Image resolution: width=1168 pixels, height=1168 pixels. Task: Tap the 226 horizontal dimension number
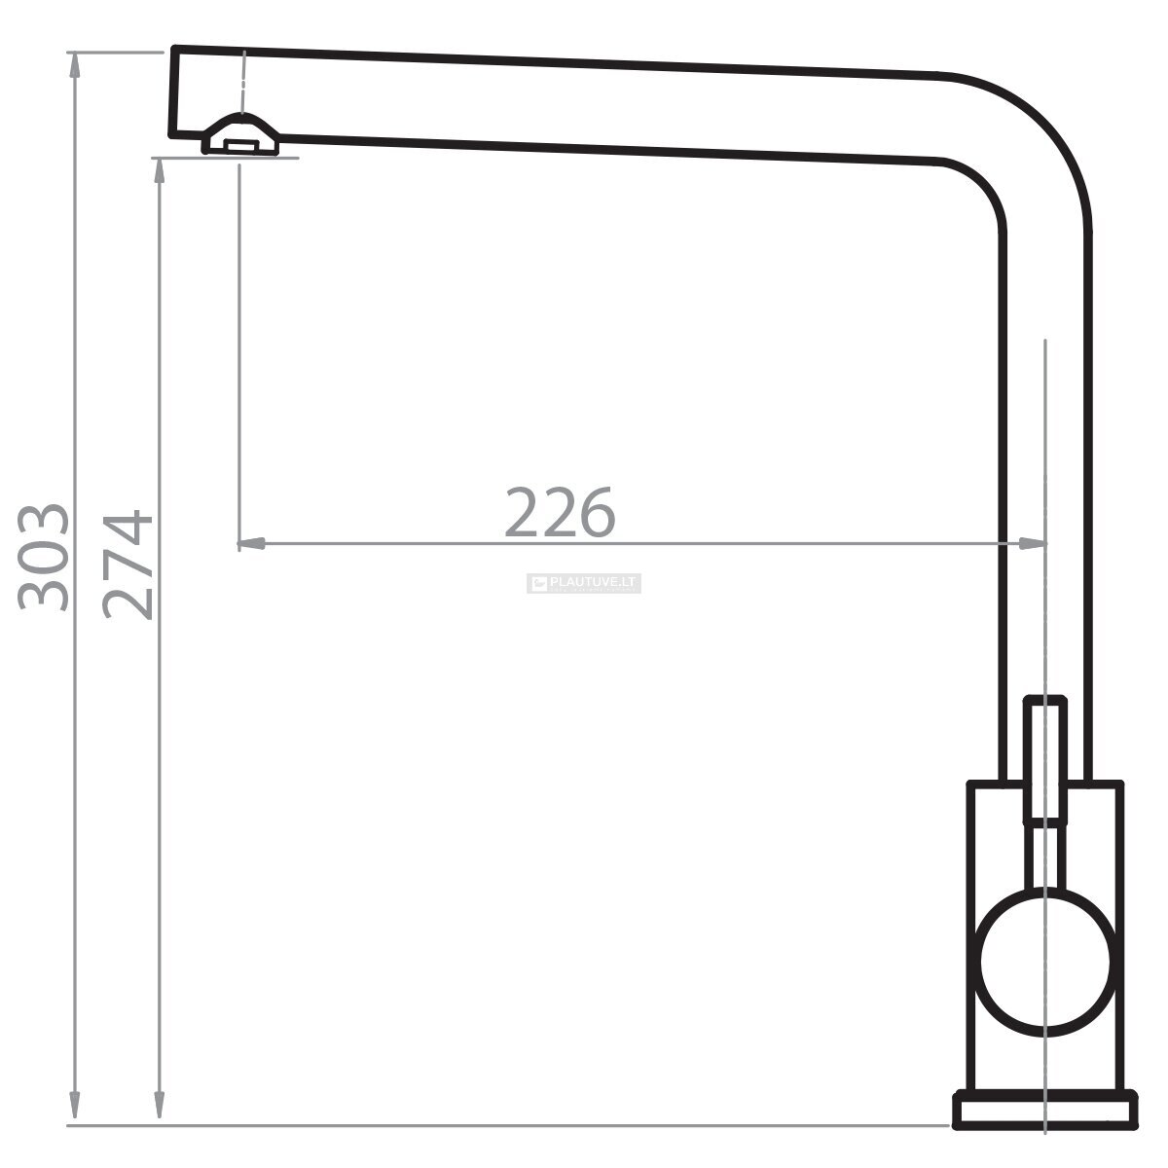click(x=560, y=512)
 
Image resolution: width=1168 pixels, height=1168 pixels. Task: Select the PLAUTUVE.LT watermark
click(x=584, y=583)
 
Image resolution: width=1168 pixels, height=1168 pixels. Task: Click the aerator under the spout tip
click(x=241, y=135)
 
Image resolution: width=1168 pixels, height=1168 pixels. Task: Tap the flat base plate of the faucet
click(x=1045, y=1111)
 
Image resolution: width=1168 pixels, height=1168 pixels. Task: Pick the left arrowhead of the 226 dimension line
click(x=251, y=543)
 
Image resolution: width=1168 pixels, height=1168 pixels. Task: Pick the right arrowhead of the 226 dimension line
click(x=1032, y=543)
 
